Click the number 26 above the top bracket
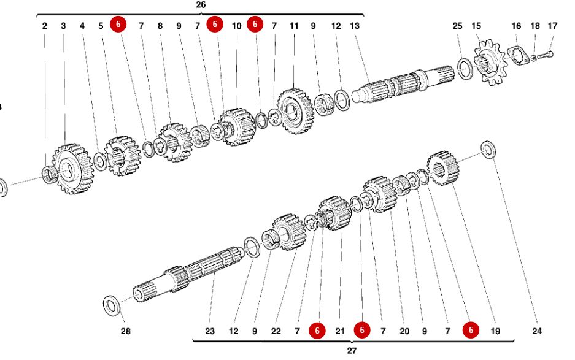point(201,5)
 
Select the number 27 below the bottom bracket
point(352,351)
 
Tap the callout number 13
point(355,26)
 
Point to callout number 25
point(457,26)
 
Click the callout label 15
point(476,26)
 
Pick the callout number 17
point(553,26)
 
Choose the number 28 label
point(125,331)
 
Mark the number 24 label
point(537,331)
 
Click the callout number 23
point(210,331)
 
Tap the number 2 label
point(45,26)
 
